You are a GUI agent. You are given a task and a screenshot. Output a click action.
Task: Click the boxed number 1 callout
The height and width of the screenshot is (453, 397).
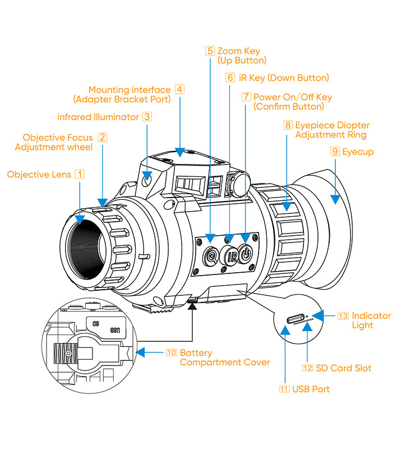point(80,175)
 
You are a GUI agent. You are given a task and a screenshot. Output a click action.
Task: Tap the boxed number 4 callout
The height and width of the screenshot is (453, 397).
point(179,89)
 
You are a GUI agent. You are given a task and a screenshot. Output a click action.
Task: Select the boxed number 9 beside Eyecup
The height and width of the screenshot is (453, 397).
point(335,152)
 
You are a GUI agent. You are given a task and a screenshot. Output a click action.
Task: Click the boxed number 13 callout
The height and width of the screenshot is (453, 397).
point(343,316)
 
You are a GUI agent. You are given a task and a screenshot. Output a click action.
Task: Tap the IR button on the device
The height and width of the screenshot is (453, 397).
point(230,257)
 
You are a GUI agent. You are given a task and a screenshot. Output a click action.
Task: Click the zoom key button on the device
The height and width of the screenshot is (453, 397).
point(210,256)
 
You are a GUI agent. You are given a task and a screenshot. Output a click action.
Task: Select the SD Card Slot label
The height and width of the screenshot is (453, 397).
point(343,368)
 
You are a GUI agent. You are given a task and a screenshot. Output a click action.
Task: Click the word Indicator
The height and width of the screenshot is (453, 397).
point(371,316)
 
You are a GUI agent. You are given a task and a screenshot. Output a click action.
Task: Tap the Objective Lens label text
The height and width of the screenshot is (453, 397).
point(39,175)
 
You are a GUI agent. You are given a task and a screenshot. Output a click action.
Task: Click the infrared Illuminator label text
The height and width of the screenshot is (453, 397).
point(98,117)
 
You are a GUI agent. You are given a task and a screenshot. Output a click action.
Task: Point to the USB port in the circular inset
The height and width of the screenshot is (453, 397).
point(296,319)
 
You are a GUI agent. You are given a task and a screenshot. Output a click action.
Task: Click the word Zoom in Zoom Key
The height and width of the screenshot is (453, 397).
point(229,51)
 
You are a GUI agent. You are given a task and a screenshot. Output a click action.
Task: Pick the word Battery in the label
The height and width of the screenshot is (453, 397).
point(196,353)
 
